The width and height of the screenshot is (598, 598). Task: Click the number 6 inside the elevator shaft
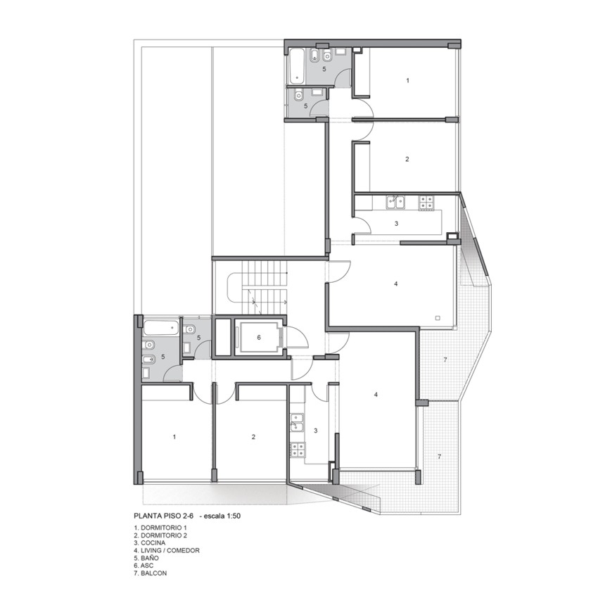[x=259, y=338]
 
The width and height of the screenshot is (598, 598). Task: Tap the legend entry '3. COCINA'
[x=149, y=542]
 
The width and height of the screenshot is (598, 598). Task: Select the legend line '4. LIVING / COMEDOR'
[x=167, y=550]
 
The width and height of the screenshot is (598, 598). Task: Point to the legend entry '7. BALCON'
[x=151, y=573]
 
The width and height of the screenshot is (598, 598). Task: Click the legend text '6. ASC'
[x=144, y=565]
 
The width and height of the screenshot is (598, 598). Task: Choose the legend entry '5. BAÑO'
[x=146, y=558]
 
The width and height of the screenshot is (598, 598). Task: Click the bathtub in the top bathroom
[x=296, y=66]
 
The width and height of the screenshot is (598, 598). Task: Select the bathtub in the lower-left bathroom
[x=161, y=329]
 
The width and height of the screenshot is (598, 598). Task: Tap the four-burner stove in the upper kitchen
[x=426, y=203]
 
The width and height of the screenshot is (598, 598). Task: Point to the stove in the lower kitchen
[x=298, y=450]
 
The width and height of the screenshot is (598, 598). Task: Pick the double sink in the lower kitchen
[x=297, y=423]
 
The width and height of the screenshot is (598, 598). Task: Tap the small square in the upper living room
[x=438, y=318]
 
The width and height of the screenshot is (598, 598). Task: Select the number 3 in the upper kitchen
[x=396, y=224]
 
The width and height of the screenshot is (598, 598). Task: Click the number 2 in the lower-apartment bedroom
[x=253, y=437]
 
